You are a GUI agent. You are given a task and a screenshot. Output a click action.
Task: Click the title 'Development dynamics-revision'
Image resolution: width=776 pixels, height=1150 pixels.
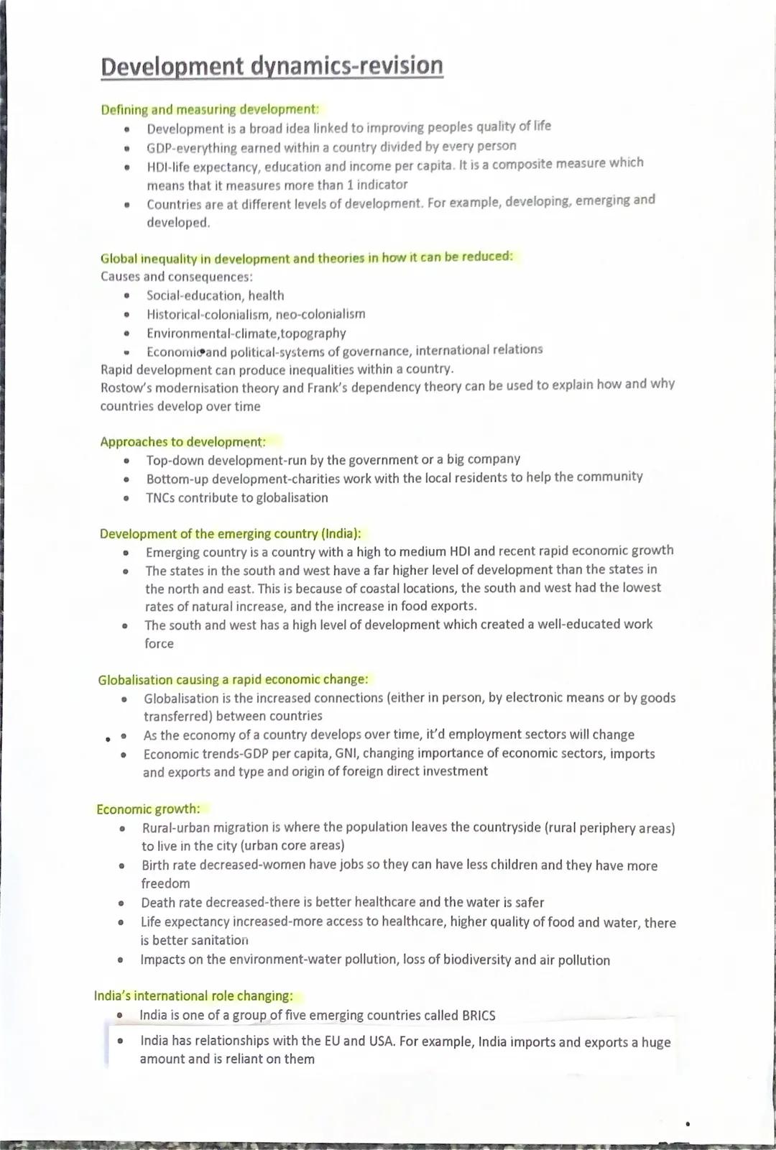click(272, 66)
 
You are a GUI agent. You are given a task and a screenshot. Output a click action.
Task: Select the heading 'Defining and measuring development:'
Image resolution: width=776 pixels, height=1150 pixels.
click(209, 110)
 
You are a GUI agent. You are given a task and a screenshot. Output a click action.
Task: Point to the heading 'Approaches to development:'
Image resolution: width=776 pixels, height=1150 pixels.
click(183, 442)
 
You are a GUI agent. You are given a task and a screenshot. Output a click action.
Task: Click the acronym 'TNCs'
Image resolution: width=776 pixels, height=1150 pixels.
click(160, 498)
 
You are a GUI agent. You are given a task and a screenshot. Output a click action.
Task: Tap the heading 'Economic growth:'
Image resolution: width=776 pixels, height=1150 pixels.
click(148, 809)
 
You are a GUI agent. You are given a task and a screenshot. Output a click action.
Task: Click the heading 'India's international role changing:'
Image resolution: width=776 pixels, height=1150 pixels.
click(193, 996)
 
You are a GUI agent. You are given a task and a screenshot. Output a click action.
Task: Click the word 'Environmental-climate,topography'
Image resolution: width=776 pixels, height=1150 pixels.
click(246, 333)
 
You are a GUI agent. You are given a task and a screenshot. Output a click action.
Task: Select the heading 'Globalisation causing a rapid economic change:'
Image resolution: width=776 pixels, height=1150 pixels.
click(233, 680)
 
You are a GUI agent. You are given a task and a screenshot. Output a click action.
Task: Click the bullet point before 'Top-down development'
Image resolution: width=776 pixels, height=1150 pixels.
click(127, 461)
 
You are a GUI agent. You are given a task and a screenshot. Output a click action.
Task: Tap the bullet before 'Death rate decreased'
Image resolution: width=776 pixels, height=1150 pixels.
click(121, 903)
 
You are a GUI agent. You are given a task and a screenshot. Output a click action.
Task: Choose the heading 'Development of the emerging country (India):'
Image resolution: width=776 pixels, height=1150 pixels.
click(230, 534)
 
